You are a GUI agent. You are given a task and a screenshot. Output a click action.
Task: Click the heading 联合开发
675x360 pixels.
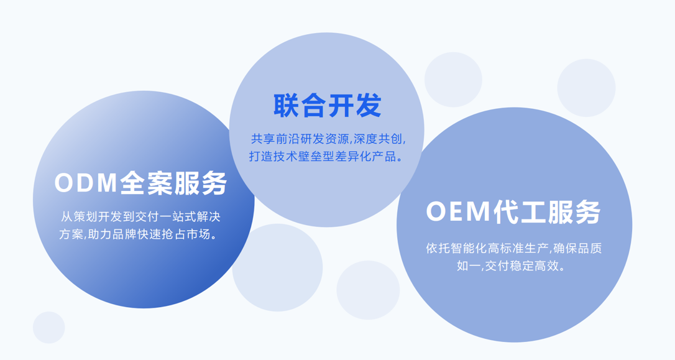point(327,106)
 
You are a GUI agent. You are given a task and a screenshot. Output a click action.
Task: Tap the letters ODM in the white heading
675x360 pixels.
point(86,183)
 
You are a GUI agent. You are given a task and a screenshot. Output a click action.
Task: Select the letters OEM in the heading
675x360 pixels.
point(459,212)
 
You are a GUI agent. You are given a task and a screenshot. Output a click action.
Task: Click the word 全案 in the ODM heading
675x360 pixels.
point(145,183)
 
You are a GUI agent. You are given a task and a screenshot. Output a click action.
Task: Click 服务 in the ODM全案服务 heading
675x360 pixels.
point(200,183)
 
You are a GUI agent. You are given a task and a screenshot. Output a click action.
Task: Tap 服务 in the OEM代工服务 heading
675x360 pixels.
point(574,212)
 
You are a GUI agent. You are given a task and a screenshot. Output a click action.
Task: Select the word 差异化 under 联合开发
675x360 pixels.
point(352,156)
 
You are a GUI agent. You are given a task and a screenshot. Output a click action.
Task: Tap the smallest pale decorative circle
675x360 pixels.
point(48,327)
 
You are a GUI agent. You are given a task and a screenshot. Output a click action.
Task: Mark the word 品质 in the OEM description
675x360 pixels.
point(589,249)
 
